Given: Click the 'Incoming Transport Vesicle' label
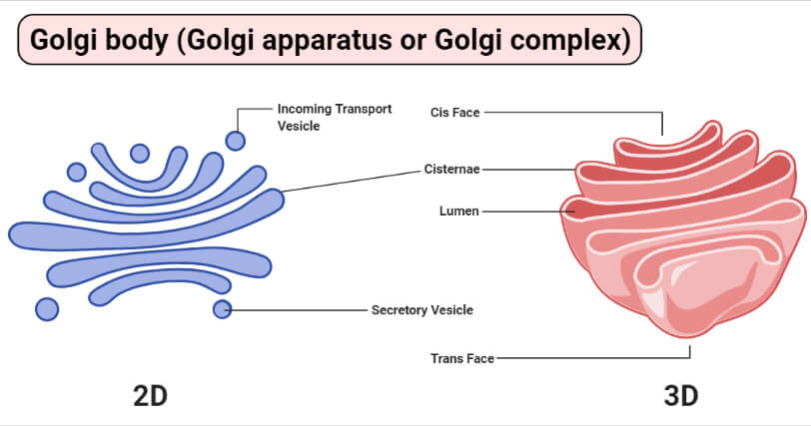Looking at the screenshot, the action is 335,117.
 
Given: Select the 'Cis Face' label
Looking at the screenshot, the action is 455,113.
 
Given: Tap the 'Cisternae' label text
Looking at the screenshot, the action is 452,170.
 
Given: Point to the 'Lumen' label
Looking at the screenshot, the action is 459,212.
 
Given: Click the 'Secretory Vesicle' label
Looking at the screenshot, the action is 422,310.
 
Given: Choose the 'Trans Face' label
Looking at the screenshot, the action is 462,358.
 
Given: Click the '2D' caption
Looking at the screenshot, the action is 150,396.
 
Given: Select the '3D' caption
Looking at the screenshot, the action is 681,396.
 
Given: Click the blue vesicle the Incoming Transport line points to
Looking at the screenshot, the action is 236,141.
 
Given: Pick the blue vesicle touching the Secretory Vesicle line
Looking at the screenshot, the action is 223,309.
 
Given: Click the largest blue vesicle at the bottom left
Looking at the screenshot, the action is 47,309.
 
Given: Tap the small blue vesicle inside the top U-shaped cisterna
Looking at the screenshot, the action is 140,154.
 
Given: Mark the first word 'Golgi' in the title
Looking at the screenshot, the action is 63,40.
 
